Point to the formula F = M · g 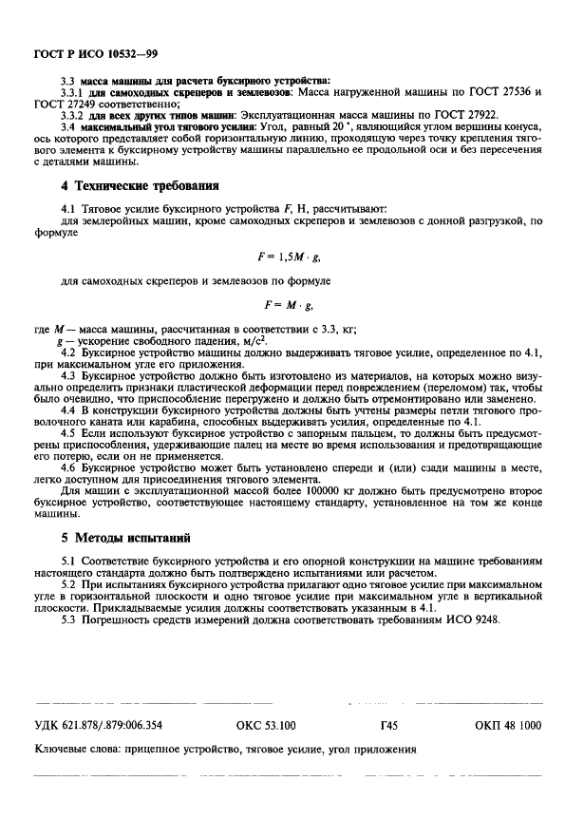pos(287,305)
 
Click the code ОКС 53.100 pos(266,725)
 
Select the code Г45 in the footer pos(388,725)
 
